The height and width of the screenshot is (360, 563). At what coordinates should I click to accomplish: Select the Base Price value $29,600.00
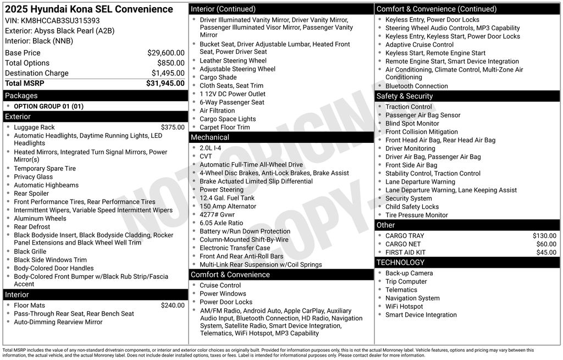(165, 53)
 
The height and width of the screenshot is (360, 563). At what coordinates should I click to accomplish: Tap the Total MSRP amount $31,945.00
(165, 83)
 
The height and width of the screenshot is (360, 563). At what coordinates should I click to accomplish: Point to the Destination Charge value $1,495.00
(168, 73)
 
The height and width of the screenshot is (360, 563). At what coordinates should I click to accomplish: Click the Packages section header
(21, 96)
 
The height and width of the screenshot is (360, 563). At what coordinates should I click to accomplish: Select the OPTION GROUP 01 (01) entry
(48, 106)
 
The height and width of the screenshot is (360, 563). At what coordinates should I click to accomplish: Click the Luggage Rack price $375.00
(173, 127)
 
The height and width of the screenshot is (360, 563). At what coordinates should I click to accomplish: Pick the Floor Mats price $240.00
(173, 305)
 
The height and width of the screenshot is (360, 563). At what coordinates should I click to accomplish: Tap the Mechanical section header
(210, 137)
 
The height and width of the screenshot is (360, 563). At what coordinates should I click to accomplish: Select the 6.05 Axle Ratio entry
(221, 223)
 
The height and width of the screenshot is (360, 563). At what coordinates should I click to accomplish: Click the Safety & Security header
(405, 96)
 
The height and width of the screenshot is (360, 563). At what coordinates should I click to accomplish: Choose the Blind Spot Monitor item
(412, 124)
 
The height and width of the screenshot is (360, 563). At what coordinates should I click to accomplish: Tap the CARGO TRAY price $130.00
(544, 236)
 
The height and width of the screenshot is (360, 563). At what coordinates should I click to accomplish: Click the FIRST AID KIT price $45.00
(546, 252)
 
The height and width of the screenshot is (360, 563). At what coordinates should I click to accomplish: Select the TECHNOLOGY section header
(400, 263)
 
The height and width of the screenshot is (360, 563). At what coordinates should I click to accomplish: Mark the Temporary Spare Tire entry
(45, 168)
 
